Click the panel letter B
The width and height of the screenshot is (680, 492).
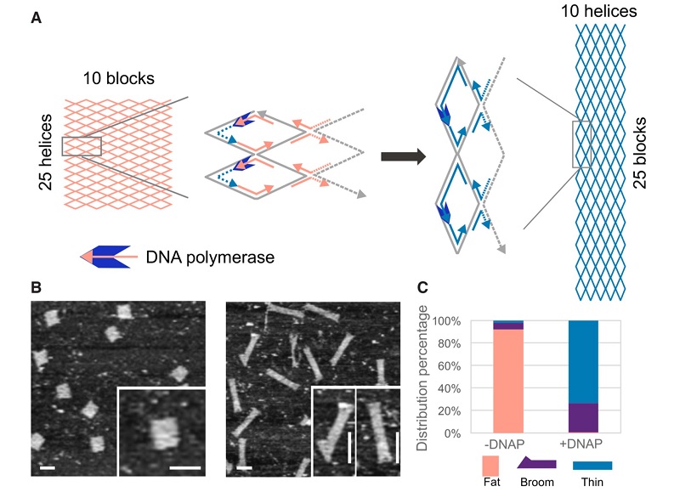36,287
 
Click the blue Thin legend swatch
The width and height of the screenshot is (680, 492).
593,466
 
